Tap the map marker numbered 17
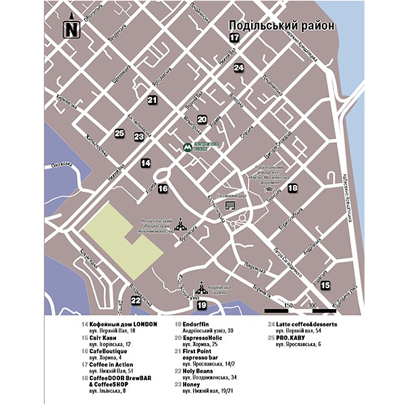point(234,38)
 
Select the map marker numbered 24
point(239,67)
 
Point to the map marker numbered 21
point(152,100)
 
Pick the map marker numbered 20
point(202,119)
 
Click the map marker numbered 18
point(292,189)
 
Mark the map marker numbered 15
point(325,286)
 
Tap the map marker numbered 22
point(136,300)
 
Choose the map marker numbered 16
point(163,189)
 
